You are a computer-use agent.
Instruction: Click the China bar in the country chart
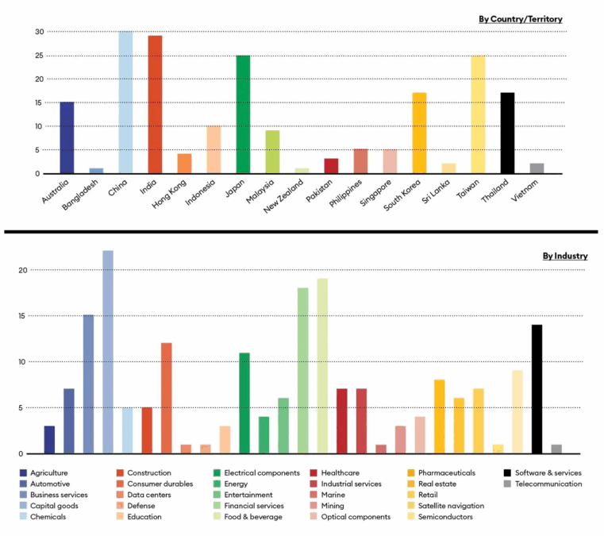(125, 102)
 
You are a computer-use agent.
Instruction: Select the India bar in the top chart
(155, 105)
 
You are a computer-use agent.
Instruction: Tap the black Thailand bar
(507, 133)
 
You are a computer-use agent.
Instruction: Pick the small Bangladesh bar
(96, 171)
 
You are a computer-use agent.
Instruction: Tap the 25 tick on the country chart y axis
(38, 56)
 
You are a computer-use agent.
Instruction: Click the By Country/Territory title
(521, 18)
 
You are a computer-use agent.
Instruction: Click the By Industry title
(564, 256)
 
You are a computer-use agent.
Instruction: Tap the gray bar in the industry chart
(556, 449)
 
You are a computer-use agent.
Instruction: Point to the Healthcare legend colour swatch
(315, 472)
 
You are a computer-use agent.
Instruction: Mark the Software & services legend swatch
(509, 472)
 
